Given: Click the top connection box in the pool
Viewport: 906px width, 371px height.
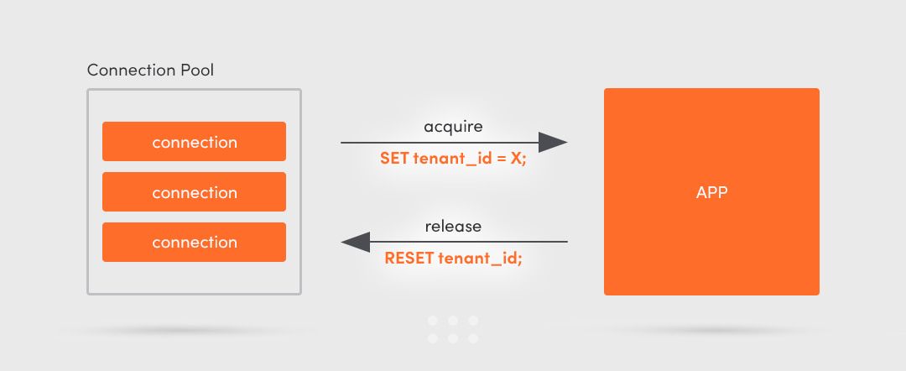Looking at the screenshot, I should pos(194,142).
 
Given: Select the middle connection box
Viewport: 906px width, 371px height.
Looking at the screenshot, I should pos(194,192).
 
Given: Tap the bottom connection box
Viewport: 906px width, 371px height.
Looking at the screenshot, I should pos(194,243).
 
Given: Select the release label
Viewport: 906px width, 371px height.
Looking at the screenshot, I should pos(453,227).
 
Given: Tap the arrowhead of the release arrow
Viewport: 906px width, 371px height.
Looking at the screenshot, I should pos(356,242).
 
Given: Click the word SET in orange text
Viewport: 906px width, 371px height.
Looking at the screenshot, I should pos(394,158).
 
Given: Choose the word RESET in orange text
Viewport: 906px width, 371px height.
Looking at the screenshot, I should pos(409,259).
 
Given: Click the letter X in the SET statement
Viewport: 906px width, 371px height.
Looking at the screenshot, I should pos(515,158).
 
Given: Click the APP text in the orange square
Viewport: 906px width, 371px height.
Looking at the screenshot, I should pos(711,192).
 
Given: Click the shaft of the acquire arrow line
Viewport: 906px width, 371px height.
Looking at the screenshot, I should pos(436,143).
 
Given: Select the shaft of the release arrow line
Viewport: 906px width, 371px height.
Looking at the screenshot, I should pos(470,242).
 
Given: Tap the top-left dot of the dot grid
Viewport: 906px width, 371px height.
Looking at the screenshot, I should pos(433,321).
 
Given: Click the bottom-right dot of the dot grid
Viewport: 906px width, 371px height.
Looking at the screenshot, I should pos(474,339).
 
